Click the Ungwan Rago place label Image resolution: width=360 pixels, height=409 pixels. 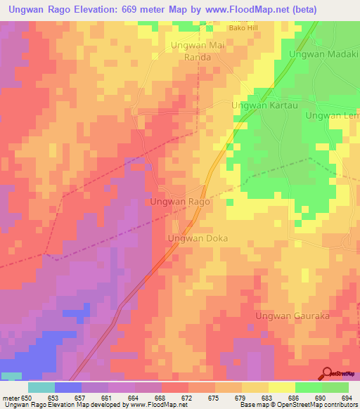tap(180, 202)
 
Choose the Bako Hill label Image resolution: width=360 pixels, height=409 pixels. tap(244, 28)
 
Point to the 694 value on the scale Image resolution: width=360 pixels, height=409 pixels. tap(348, 398)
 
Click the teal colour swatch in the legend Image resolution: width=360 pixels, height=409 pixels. tap(41, 387)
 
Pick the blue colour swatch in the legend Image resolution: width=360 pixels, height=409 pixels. tap(67, 387)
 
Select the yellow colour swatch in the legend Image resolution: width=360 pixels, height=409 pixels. tap(281, 387)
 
